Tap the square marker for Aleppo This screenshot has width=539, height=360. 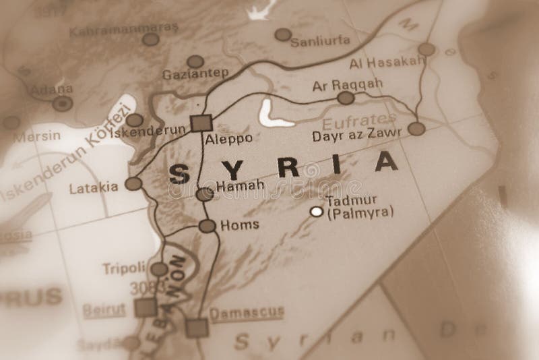201,123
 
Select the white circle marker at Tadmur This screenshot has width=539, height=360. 316,212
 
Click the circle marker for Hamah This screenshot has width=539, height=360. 204,195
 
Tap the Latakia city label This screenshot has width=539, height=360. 93,189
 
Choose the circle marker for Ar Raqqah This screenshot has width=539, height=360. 346,98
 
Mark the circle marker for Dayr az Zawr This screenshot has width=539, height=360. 417,128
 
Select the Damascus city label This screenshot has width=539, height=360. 246,314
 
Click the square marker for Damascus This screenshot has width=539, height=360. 197,328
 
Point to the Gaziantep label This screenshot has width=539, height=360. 196,75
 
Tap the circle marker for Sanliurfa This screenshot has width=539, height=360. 283,34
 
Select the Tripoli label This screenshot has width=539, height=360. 124,268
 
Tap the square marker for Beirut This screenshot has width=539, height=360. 145,308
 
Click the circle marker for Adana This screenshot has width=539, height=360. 63,103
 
